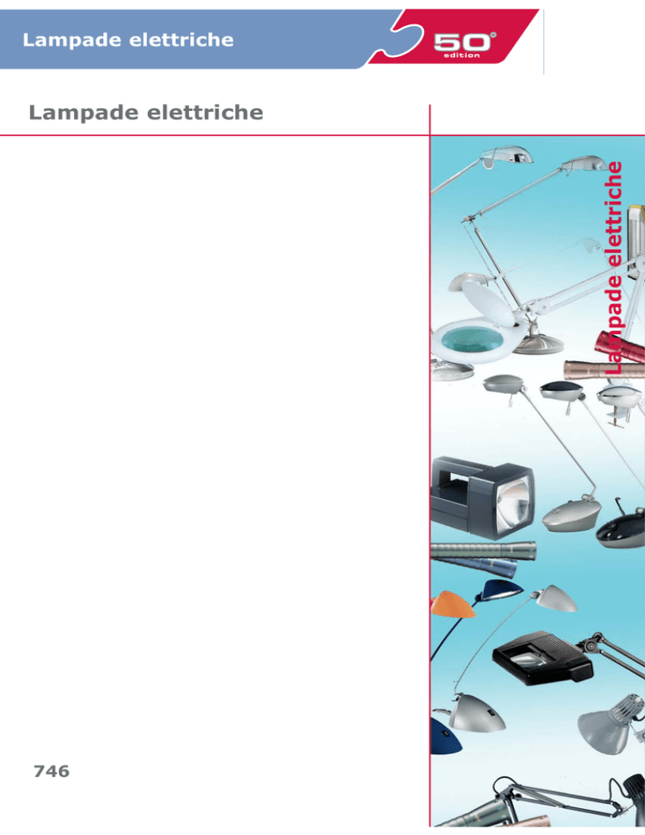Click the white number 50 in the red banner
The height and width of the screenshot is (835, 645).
(462, 42)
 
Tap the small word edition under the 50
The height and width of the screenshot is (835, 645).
(461, 55)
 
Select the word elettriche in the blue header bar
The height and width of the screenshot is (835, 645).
(174, 40)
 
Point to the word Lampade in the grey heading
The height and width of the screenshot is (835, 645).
(82, 113)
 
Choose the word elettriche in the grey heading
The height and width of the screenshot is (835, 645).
(205, 113)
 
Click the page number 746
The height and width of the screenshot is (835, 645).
(52, 771)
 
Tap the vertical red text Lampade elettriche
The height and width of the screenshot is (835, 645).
(614, 267)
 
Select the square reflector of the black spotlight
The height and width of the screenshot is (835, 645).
(513, 504)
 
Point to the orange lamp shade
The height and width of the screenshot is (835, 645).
(452, 605)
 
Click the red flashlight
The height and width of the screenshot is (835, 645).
(618, 346)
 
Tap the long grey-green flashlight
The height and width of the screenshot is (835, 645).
(483, 549)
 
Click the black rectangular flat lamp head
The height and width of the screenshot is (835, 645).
(543, 657)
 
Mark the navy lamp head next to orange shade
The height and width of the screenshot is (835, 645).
(501, 591)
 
